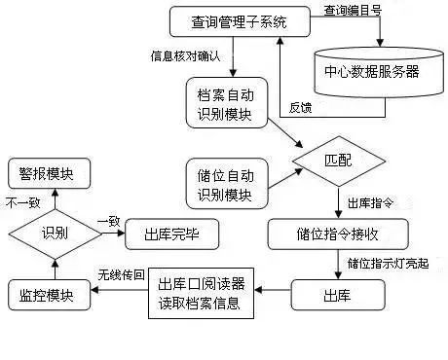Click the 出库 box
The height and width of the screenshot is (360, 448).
coord(331,292)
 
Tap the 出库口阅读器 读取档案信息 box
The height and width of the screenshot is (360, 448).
coord(203,292)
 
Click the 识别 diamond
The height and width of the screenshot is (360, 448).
coord(53,234)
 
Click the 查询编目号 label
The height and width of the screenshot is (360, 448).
coord(352,11)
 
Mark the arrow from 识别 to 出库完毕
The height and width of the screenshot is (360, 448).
coord(109,234)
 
